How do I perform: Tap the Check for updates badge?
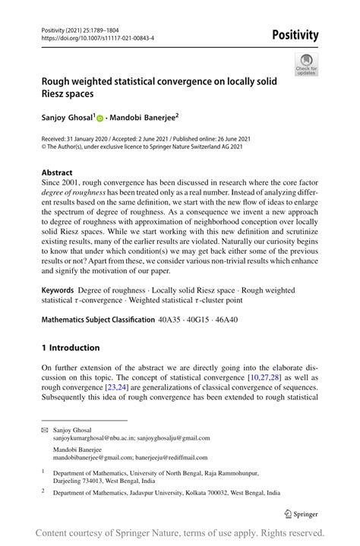coord(306,65)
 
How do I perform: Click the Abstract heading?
coord(57,172)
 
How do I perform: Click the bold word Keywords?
coord(57,290)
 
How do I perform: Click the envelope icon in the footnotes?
coord(44,430)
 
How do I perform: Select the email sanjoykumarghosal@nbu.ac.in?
coord(92,438)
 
